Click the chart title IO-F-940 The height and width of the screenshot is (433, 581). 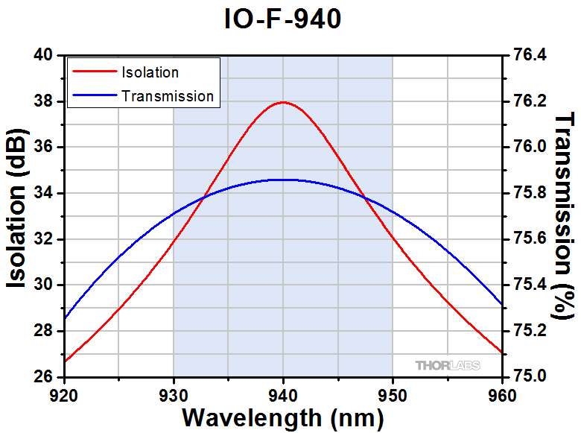click(283, 19)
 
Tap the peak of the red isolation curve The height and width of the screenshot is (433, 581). click(283, 102)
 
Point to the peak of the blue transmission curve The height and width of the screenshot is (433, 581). click(283, 180)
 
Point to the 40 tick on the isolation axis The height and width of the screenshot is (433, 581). click(45, 55)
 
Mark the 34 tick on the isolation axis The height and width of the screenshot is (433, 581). click(45, 193)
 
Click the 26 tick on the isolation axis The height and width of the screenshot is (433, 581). click(45, 376)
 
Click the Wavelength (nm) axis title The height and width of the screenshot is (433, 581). click(283, 417)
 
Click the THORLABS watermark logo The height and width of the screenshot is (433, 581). click(447, 365)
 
